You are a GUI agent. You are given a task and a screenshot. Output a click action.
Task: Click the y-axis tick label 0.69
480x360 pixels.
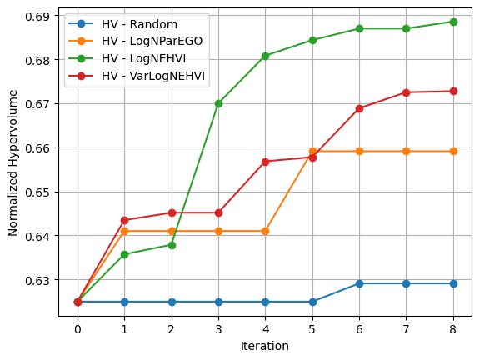pyautogui.click(x=38, y=17)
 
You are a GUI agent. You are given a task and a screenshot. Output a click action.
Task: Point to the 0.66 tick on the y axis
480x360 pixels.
pyautogui.click(x=38, y=148)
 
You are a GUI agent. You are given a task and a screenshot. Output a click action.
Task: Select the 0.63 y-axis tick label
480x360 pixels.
pyautogui.click(x=38, y=280)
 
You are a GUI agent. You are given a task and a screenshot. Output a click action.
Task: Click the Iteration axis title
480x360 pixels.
pyautogui.click(x=265, y=346)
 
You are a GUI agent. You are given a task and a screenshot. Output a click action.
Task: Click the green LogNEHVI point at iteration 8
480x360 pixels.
pyautogui.click(x=453, y=22)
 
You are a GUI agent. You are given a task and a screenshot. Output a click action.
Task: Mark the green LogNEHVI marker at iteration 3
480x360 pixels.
pyautogui.click(x=218, y=103)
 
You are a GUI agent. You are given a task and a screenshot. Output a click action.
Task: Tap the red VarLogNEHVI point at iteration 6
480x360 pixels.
pyautogui.click(x=359, y=108)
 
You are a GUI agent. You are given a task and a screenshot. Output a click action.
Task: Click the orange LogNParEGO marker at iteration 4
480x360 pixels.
pyautogui.click(x=265, y=231)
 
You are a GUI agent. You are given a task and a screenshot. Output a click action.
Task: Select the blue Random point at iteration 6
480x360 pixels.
pyautogui.click(x=359, y=283)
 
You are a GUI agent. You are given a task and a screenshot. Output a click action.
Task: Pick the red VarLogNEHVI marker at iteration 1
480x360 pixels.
pyautogui.click(x=124, y=220)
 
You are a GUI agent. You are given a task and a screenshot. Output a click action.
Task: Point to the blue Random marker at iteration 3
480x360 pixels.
pyautogui.click(x=218, y=302)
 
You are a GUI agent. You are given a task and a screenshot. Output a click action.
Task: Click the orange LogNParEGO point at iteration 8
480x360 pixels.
pyautogui.click(x=453, y=151)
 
